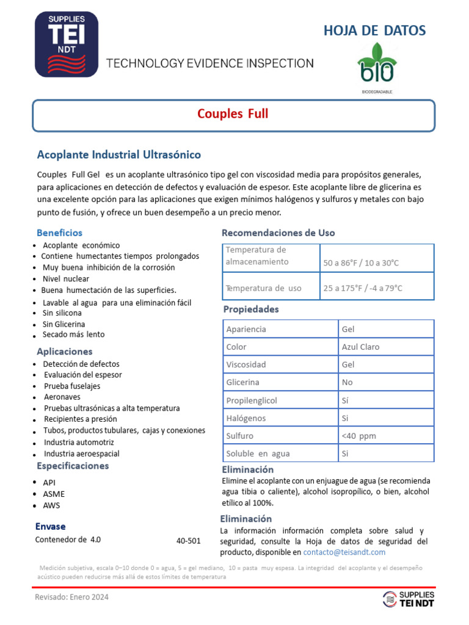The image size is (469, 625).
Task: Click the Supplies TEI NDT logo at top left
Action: tap(67, 44)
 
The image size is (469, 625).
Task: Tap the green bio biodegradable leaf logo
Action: tap(376, 65)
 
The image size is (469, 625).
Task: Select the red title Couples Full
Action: tap(233, 114)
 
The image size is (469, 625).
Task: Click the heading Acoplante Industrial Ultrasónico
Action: tap(118, 154)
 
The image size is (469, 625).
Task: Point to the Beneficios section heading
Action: tap(59, 233)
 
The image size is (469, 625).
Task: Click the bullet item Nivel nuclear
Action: tap(66, 278)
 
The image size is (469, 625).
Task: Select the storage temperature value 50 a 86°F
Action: tap(361, 263)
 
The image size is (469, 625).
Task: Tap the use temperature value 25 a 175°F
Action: tap(363, 288)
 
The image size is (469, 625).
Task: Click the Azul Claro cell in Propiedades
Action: tap(360, 347)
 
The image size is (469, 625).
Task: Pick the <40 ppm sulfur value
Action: tap(359, 436)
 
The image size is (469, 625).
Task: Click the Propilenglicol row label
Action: tap(252, 400)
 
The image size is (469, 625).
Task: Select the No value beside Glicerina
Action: tap(347, 382)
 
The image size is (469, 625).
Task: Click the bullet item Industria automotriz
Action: tap(79, 442)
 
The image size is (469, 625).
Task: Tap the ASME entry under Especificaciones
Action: tap(54, 494)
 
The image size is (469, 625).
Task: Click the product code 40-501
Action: tap(188, 541)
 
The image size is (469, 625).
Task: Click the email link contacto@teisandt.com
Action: tap(344, 552)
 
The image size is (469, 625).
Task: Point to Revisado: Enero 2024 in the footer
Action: tap(71, 598)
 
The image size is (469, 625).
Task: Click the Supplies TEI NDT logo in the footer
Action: tap(409, 599)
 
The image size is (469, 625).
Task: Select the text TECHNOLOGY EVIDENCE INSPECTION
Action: tap(210, 63)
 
